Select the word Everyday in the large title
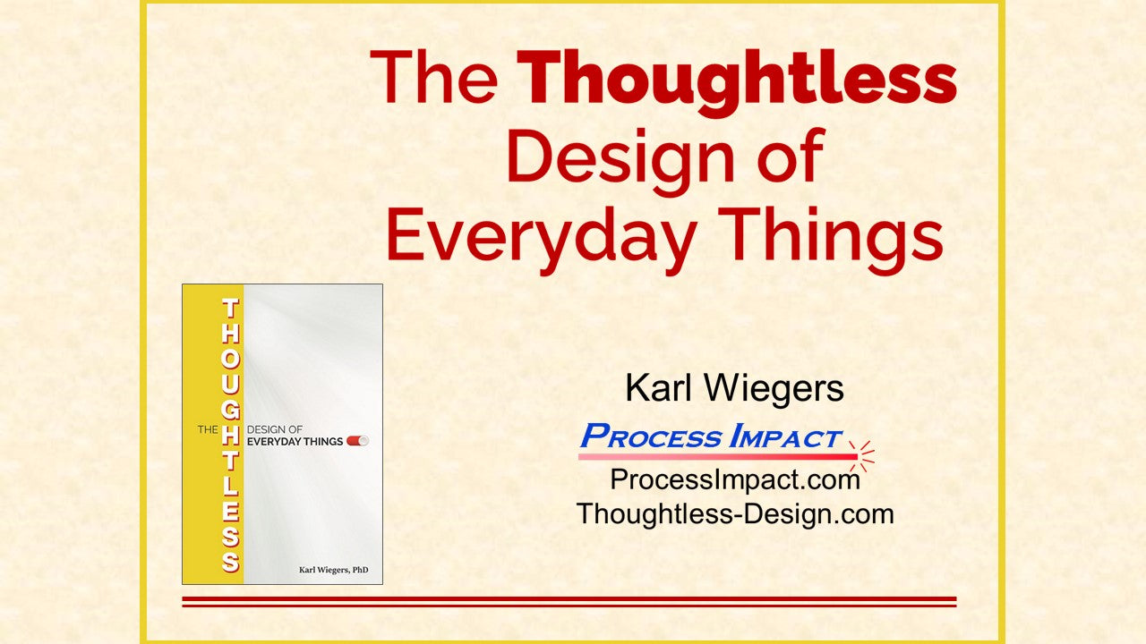(540, 239)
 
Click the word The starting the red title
(434, 78)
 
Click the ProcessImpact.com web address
(735, 480)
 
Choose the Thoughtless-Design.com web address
(735, 513)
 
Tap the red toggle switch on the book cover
(357, 441)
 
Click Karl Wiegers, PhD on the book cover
(334, 570)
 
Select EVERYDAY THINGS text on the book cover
(295, 442)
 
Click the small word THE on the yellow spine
(208, 430)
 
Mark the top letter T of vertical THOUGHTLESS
(230, 309)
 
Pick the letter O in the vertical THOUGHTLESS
(230, 359)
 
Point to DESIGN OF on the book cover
(275, 429)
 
